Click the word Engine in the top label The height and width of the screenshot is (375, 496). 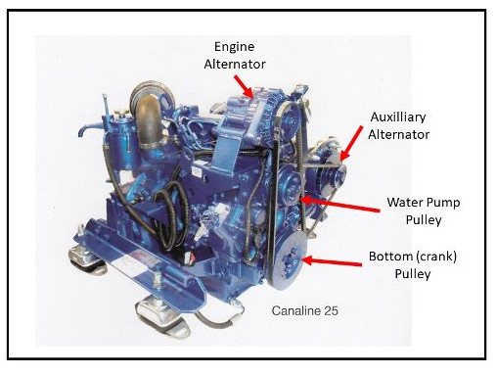point(234,48)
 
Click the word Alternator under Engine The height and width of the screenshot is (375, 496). point(235,64)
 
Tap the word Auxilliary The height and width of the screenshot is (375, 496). point(398,117)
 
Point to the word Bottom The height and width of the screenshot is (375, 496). point(386,257)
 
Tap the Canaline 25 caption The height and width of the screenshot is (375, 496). point(304,310)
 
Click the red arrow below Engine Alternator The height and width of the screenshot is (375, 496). point(244,86)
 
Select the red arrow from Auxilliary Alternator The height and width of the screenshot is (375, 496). point(351,143)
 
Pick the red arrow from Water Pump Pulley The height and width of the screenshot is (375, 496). point(340,205)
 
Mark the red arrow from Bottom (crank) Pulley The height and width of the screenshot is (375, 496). point(333,261)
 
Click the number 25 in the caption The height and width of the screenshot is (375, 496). point(332,310)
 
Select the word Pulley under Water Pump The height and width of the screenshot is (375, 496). point(424,220)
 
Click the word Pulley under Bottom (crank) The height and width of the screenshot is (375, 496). point(413,274)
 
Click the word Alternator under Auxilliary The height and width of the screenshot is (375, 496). point(398,135)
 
